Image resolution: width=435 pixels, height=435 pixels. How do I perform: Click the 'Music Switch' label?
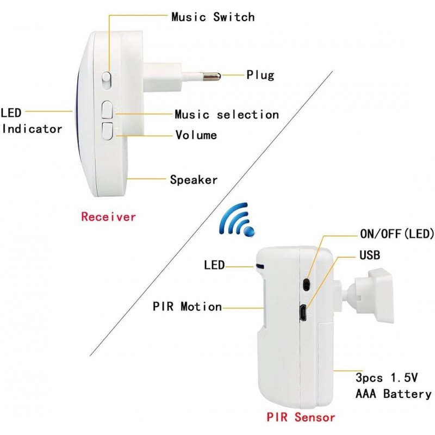pos(213,17)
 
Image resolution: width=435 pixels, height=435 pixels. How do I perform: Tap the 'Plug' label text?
pos(260,75)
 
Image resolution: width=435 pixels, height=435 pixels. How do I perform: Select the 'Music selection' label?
pos(226,115)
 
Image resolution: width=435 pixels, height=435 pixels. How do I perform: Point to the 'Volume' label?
pos(196,135)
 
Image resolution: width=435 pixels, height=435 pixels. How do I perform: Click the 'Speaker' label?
pos(194,179)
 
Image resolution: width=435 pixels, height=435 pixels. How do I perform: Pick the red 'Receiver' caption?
pos(108,217)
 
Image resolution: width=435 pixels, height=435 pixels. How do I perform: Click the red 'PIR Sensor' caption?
pos(301,418)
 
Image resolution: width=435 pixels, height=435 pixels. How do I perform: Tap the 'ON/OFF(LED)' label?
pos(397,234)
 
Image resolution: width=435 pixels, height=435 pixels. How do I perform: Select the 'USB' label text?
pos(370,254)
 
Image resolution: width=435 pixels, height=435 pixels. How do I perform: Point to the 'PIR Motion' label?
pos(187,307)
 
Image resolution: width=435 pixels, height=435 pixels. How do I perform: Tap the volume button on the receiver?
pos(107,130)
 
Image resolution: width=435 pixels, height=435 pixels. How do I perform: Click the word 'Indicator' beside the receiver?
pos(32,129)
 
